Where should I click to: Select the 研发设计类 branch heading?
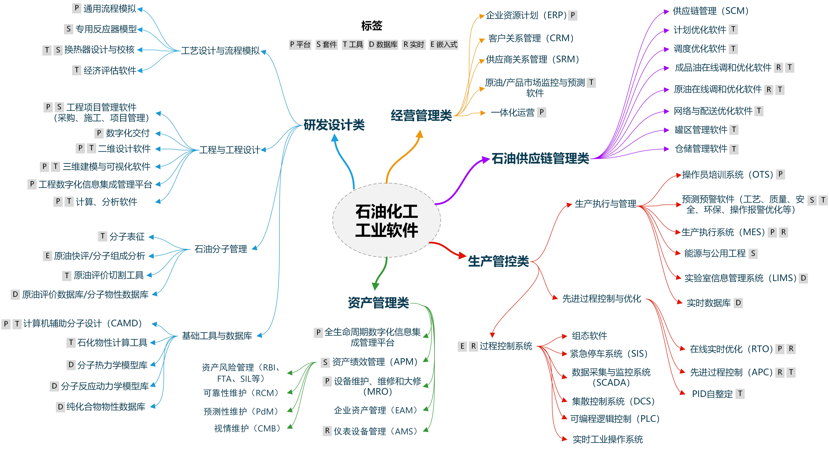334,125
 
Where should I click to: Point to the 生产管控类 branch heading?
498,261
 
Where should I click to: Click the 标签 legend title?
372,26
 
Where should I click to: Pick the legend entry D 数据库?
383,44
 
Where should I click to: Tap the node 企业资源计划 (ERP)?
526,15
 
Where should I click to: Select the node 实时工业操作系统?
608,439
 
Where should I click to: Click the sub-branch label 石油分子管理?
221,249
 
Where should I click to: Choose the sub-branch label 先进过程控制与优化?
602,298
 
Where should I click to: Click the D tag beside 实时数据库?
738,303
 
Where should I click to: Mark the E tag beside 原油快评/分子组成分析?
47,256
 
